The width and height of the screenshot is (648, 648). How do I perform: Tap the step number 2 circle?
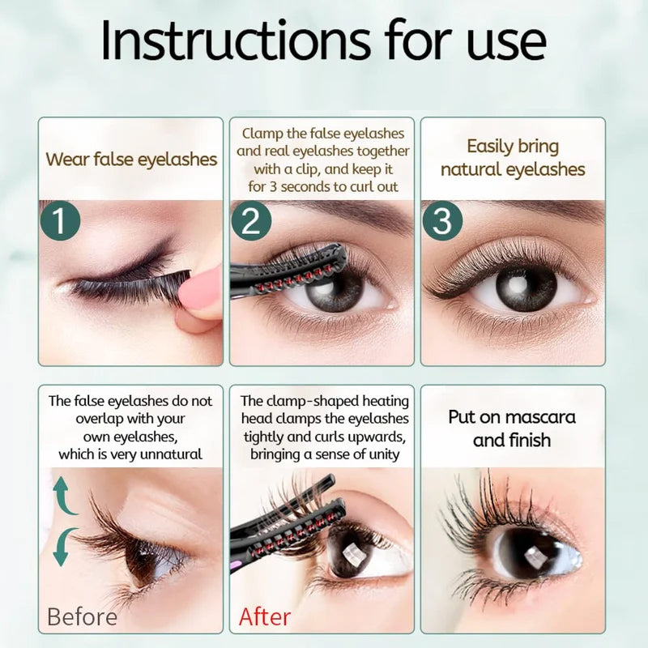coord(250,222)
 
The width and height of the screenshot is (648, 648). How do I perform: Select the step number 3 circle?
coord(441,222)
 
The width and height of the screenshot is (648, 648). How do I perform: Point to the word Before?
coord(82,616)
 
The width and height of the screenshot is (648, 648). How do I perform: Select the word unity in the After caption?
coord(381,454)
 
